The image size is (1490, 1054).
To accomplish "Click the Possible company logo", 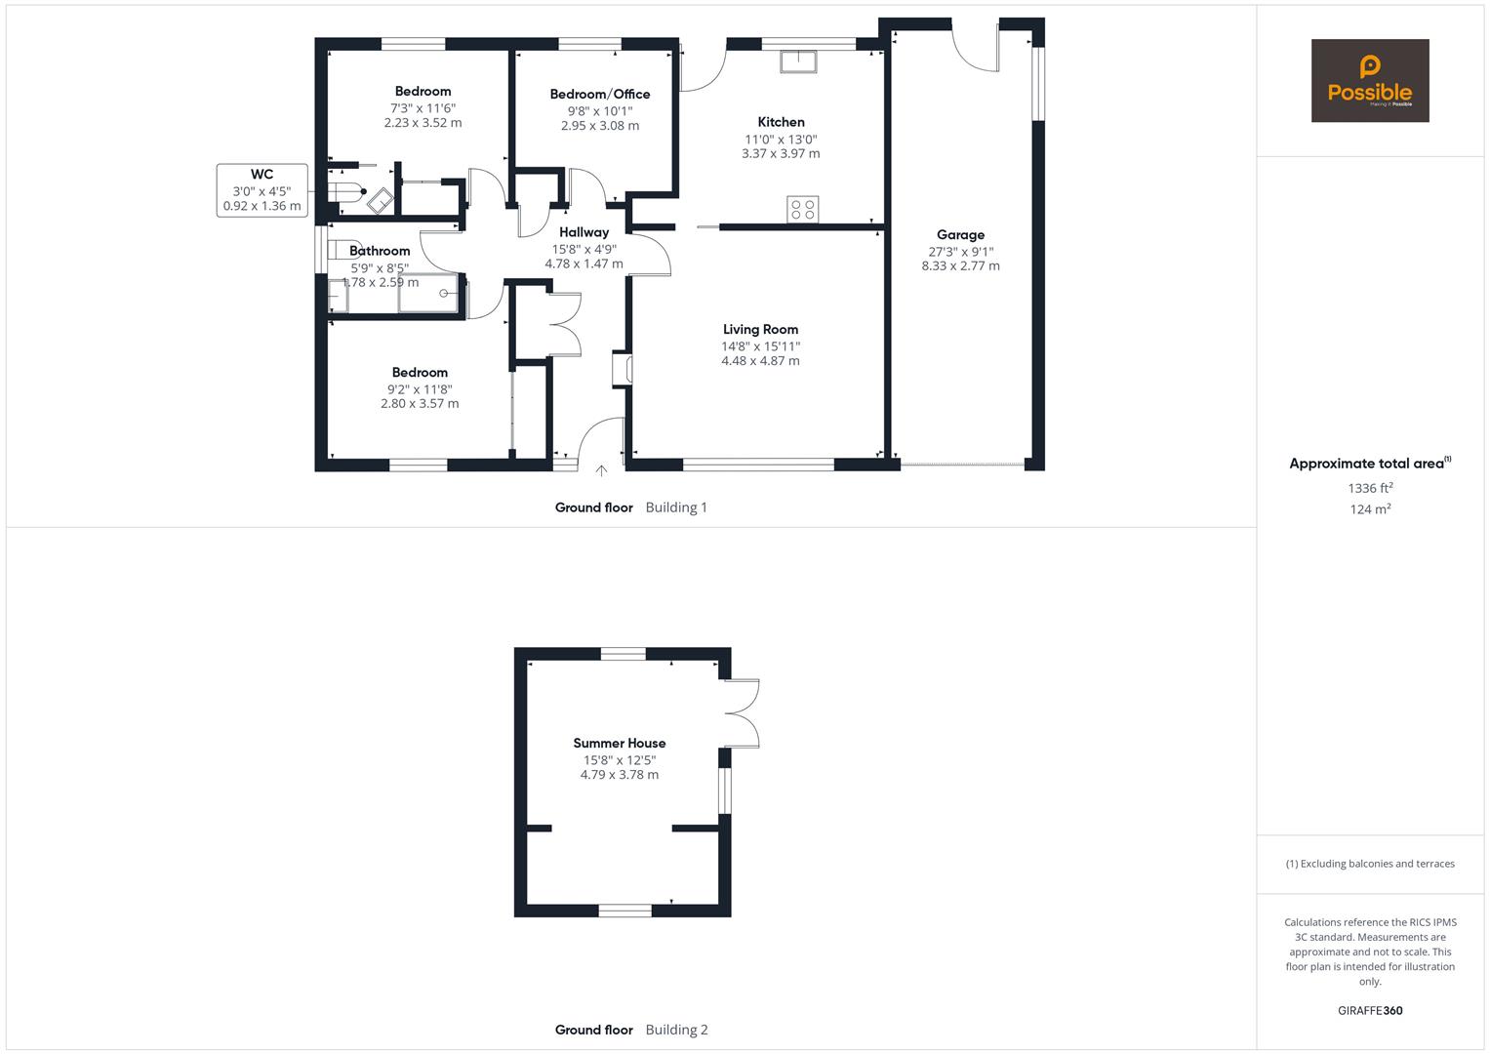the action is coord(1370,80).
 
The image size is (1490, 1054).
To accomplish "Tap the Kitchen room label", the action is coord(781,122).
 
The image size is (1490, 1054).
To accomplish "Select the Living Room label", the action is coord(760,330).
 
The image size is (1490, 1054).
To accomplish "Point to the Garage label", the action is coord(960,235).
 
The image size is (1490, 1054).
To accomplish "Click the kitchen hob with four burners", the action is coord(803,210).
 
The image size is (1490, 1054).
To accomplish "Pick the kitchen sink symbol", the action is coord(798,61).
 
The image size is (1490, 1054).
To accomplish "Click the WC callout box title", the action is coord(262,175).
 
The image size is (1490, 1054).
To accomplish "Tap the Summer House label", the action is coord(620,744).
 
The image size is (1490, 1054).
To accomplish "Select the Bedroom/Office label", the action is coord(600,95).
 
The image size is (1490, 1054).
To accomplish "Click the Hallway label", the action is coord(584,232).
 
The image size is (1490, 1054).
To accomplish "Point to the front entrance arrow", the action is coord(601,470).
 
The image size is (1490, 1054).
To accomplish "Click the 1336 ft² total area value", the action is coord(1370,488).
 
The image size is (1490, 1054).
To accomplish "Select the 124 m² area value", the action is coord(1370,509).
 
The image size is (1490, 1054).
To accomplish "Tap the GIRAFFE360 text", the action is coord(1370,1011).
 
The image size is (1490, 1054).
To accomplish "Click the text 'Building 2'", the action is coord(676,1030).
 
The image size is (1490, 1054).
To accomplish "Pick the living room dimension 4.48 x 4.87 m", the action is coord(760,361).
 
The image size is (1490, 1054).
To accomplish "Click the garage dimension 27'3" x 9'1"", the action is coord(960,252).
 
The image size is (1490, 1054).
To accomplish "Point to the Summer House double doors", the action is coord(742,713).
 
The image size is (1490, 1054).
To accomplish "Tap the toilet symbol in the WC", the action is coord(346,192).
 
